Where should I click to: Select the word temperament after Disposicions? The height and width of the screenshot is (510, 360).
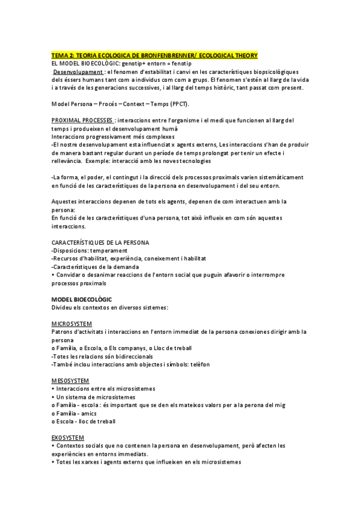pos(111,250)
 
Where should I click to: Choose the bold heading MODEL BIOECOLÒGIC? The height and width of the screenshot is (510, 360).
pos(82,299)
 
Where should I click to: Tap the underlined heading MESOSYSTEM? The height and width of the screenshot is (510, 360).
pos(71,380)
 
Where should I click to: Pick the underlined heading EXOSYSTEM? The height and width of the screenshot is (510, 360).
pos(69,437)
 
